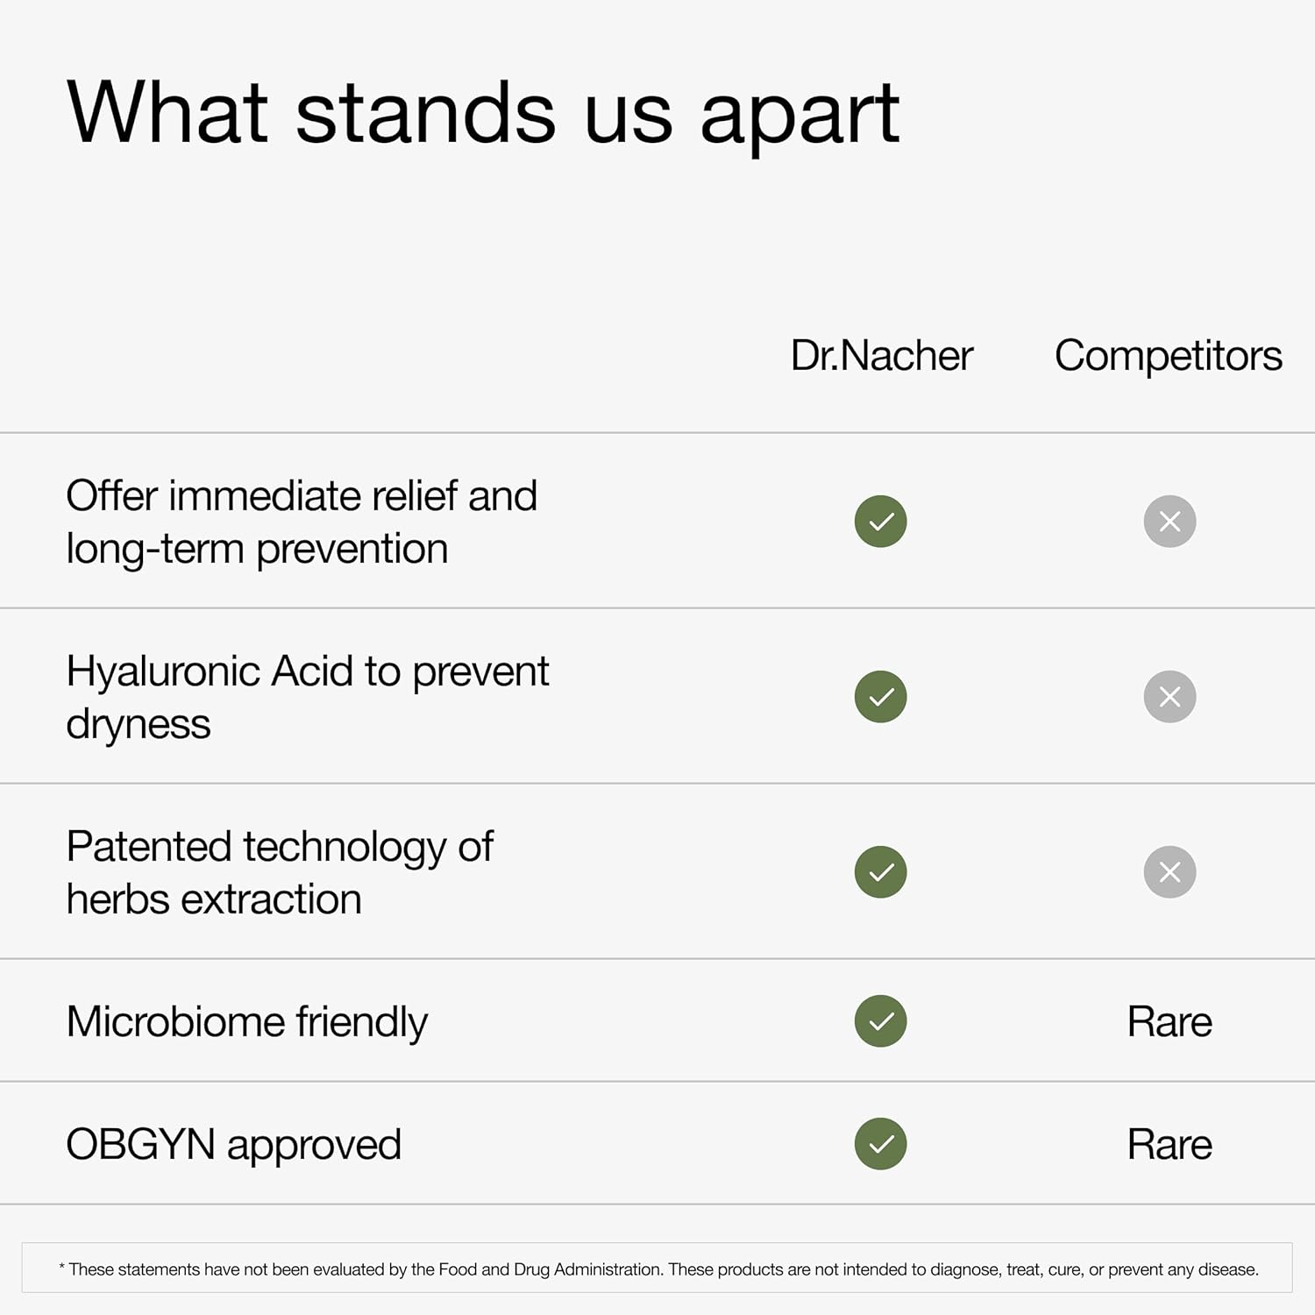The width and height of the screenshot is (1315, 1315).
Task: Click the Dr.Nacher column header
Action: (881, 356)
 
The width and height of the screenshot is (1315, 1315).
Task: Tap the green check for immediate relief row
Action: (881, 522)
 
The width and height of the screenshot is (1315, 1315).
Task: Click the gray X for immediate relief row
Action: (1170, 522)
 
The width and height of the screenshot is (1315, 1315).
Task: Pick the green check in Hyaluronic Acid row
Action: (881, 697)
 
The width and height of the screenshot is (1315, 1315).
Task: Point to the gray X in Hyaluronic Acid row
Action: (1170, 697)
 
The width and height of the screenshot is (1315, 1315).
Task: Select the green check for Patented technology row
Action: (881, 872)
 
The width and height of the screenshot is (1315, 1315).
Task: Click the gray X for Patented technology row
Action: (1170, 872)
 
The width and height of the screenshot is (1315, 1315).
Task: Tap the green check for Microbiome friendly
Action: (881, 1021)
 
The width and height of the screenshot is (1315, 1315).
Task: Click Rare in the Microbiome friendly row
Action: (1169, 1022)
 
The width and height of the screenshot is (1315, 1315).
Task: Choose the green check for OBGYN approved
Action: (881, 1144)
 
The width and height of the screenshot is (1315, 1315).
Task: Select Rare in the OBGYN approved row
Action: (1169, 1145)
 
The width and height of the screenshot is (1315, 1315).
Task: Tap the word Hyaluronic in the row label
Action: (163, 672)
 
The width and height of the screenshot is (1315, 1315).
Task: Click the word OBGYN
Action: (140, 1145)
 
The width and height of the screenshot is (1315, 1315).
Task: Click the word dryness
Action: (139, 726)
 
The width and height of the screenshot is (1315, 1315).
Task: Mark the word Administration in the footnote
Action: (608, 1269)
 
